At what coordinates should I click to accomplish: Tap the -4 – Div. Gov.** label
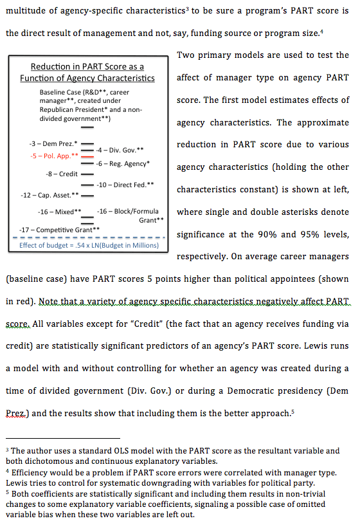click(x=119, y=150)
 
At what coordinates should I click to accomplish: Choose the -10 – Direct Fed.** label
click(x=125, y=185)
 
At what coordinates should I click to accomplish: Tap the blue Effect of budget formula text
click(x=88, y=245)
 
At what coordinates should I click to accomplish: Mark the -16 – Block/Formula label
click(x=128, y=211)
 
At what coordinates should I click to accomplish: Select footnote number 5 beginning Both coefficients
click(x=7, y=491)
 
